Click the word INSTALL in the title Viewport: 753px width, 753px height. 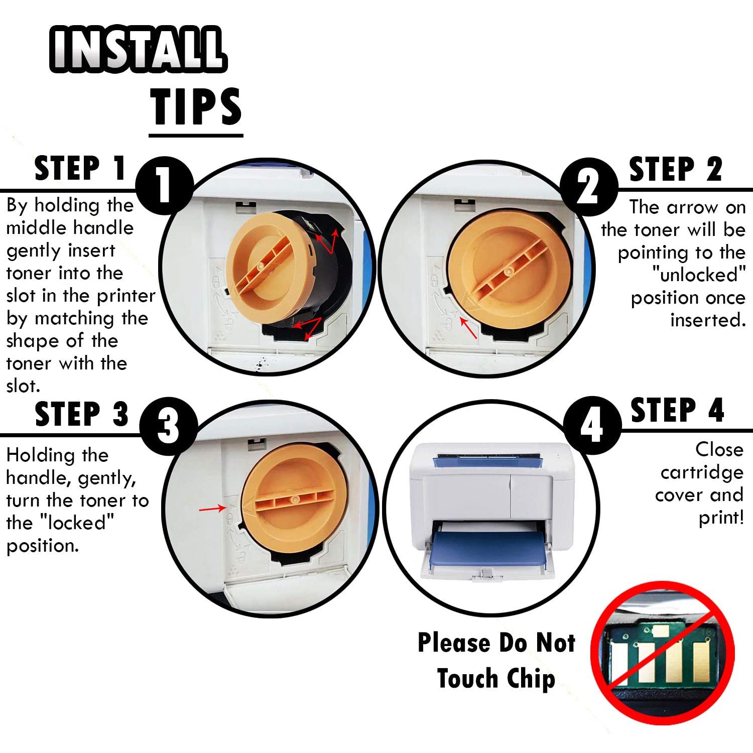(x=138, y=49)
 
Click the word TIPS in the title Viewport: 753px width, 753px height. (x=196, y=106)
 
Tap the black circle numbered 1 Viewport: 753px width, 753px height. (x=165, y=186)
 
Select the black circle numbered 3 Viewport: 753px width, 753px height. (x=168, y=426)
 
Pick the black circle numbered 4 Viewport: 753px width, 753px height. (x=592, y=425)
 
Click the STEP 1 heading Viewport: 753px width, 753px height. (x=80, y=168)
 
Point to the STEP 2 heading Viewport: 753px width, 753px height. (x=676, y=169)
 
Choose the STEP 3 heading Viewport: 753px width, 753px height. (x=82, y=414)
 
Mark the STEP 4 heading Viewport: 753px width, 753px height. (x=677, y=410)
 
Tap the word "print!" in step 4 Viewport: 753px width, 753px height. (x=721, y=518)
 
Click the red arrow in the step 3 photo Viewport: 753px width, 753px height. (x=213, y=509)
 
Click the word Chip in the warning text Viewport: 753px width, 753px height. (x=531, y=679)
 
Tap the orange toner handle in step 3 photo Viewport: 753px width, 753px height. (x=295, y=499)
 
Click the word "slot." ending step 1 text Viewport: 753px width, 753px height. (x=23, y=386)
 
